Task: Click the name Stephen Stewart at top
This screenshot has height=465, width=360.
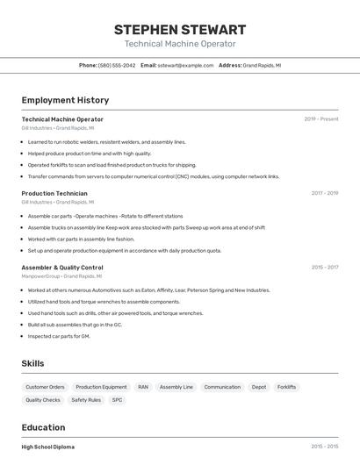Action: (180, 29)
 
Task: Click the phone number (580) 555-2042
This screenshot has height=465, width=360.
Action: (117, 65)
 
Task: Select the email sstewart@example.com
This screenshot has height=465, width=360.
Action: (185, 65)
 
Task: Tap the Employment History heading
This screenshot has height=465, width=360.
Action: (65, 100)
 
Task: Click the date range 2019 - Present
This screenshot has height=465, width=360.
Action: (321, 119)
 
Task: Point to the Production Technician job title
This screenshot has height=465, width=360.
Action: (54, 193)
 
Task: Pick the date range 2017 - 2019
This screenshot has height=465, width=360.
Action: (324, 193)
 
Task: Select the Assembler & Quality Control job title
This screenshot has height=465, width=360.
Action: (62, 267)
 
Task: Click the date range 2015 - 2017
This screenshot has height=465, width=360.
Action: (324, 267)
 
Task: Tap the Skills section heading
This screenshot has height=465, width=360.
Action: (32, 363)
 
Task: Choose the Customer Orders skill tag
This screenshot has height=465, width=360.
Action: (45, 387)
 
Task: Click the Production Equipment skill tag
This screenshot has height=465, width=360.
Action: (101, 387)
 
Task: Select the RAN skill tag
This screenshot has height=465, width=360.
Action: (143, 387)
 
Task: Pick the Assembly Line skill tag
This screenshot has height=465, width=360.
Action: (176, 387)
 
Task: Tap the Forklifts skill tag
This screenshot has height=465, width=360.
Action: (287, 387)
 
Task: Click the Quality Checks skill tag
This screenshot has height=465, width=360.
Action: (43, 400)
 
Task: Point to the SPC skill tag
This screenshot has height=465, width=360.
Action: (117, 400)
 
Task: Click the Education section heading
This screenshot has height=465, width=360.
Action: (43, 427)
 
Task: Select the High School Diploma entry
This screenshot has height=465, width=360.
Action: (48, 447)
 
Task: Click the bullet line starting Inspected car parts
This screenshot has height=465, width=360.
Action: (59, 336)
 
